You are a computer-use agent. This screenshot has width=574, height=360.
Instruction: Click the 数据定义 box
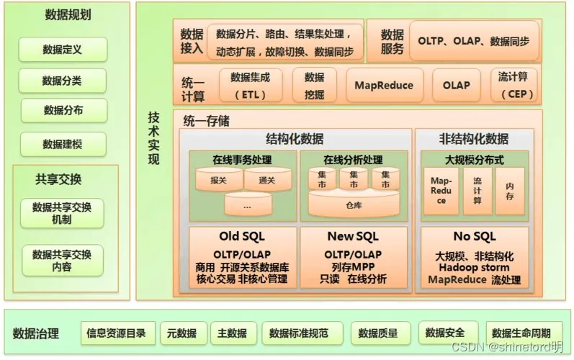tap(63, 50)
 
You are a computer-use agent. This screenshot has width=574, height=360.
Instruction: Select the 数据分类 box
tap(63, 81)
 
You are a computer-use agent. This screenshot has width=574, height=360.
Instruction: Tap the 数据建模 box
tap(63, 144)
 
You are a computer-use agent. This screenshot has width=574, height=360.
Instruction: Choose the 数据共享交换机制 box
tap(62, 213)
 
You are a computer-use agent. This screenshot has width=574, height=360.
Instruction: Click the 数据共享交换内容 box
tap(62, 260)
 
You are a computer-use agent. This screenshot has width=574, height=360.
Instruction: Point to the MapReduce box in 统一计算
tap(384, 85)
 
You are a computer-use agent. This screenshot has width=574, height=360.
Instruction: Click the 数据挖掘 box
tap(314, 85)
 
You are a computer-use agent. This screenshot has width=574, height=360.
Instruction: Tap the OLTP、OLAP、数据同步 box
tap(473, 42)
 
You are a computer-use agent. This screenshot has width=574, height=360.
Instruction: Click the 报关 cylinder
tap(218, 181)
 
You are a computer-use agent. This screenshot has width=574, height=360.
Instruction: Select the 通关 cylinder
tap(266, 181)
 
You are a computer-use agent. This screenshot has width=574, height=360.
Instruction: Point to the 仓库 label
tap(354, 204)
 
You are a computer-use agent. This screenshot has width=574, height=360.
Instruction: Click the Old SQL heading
tap(243, 236)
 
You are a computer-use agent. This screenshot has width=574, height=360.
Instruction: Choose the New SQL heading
tap(352, 236)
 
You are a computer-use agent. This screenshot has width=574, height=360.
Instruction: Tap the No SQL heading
tap(474, 236)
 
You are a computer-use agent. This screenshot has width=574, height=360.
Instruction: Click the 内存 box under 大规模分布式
tap(510, 191)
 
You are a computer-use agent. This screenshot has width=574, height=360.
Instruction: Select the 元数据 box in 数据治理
tap(181, 333)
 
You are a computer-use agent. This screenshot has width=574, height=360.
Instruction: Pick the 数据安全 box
tap(445, 333)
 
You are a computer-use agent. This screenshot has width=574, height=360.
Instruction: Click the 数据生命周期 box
tap(521, 333)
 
